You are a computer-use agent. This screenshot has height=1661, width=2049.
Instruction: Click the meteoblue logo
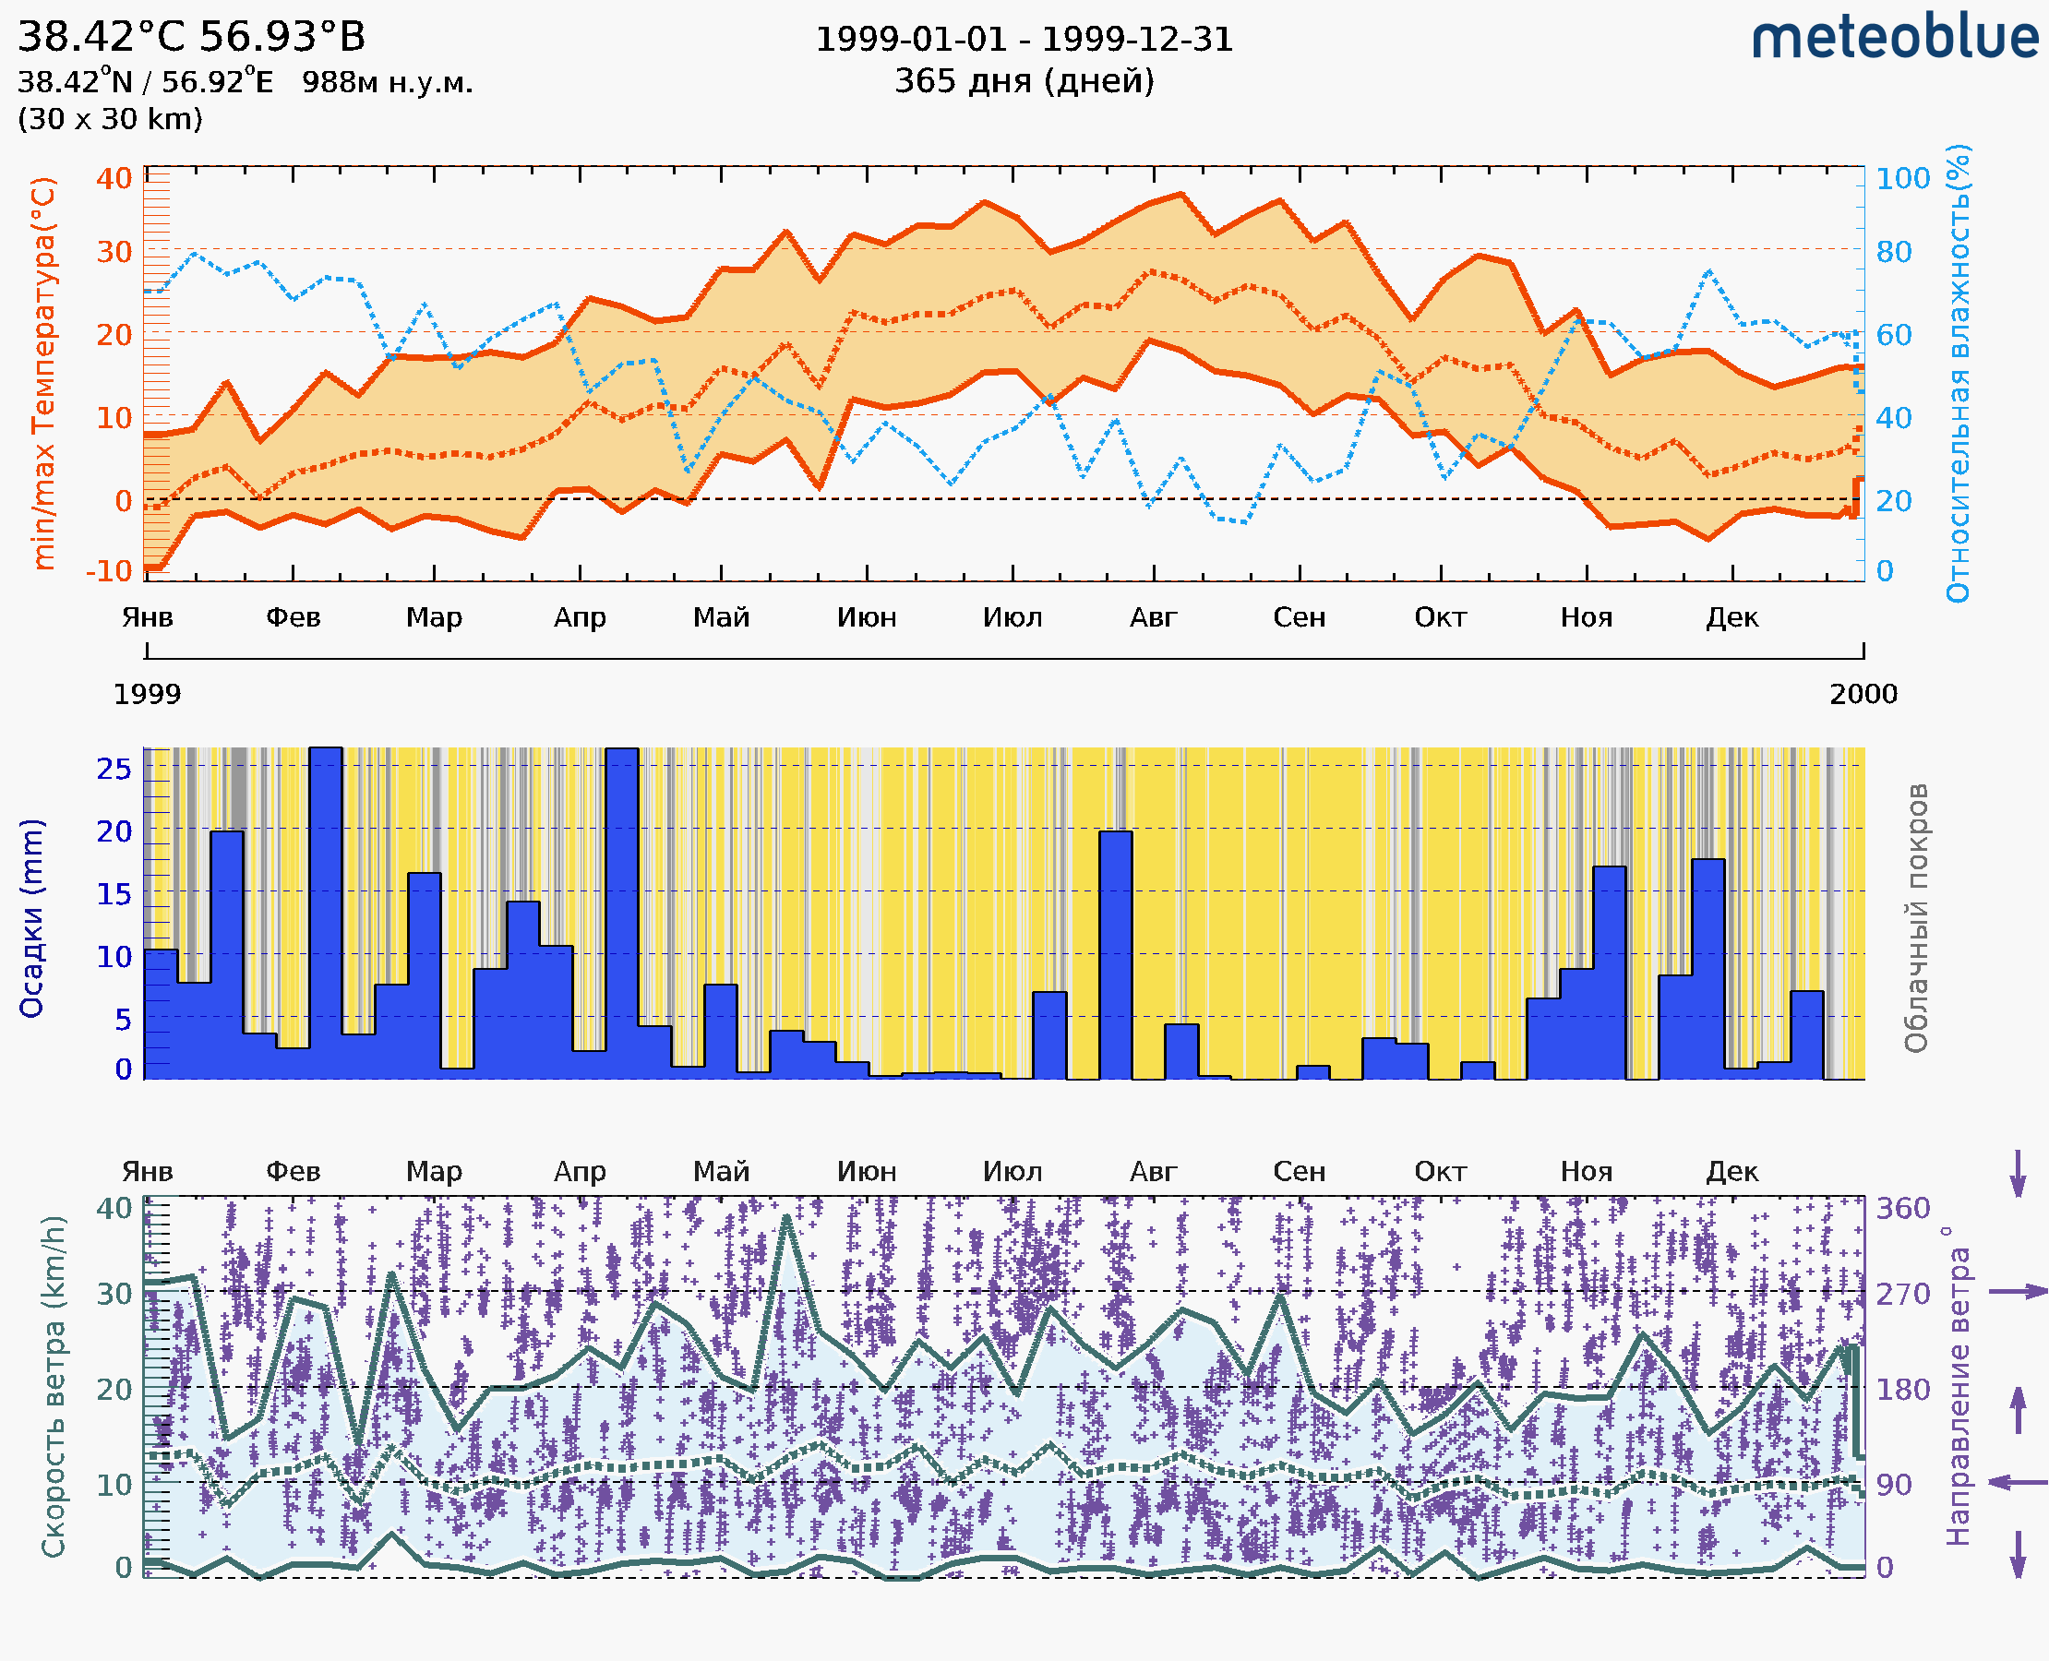pos(1894,37)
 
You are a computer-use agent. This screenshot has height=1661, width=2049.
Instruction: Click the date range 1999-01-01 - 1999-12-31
pos(1024,40)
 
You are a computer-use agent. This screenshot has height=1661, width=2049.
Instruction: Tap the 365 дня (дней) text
pos(1024,80)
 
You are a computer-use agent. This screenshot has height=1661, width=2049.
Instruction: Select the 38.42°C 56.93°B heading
pos(191,37)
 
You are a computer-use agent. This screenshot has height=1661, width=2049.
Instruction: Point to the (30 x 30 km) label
pos(110,119)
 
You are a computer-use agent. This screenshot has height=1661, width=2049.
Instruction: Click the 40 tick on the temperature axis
pos(114,179)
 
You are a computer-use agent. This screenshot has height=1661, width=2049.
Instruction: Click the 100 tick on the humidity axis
pos(1902,179)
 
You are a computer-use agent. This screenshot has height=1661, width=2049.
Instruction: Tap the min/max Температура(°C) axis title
pos(43,373)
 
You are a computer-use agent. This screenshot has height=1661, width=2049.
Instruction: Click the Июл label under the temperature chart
pos(1013,617)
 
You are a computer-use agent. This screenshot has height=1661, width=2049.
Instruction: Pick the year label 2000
pos(1863,694)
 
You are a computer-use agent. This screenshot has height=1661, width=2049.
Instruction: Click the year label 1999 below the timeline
pos(148,694)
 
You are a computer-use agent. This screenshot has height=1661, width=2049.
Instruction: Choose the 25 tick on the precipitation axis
pos(114,769)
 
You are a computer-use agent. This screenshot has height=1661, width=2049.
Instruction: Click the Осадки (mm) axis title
pos(31,918)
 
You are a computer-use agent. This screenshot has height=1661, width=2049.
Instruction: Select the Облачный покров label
pos(1916,918)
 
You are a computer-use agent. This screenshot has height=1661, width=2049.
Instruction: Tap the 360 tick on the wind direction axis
pos(1902,1208)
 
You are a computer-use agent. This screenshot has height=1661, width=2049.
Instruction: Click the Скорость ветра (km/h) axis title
pos(54,1387)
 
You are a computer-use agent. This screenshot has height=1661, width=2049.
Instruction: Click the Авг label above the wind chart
pos(1153,1171)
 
